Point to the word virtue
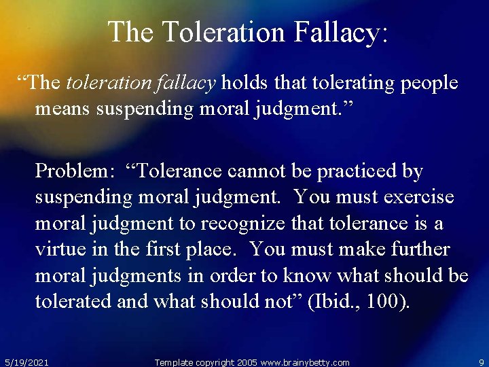point(58,249)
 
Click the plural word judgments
point(139,275)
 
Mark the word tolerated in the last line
point(73,300)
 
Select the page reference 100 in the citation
point(385,300)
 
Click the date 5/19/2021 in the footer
point(26,362)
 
